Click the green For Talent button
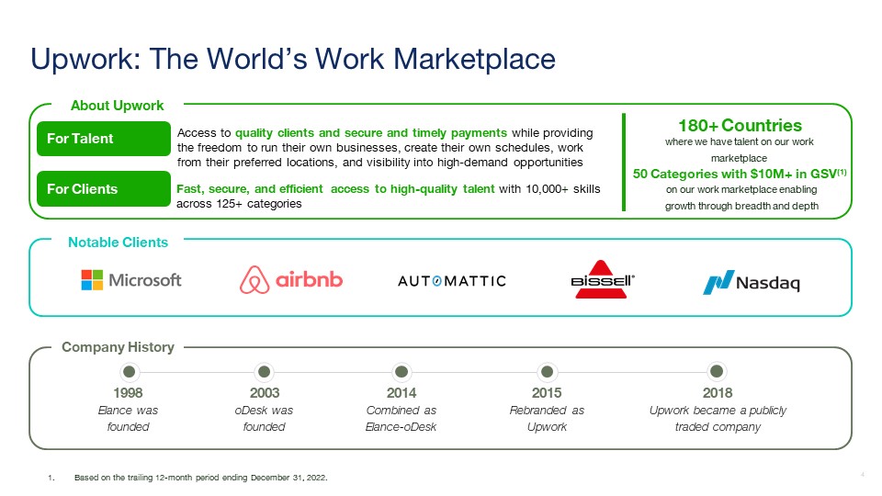click(104, 139)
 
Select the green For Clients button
click(104, 189)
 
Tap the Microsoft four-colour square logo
click(92, 280)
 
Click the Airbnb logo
click(291, 279)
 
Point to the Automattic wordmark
click(452, 281)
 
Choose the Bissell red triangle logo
click(602, 279)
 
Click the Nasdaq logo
click(752, 282)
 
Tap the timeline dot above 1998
click(129, 372)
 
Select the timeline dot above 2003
click(264, 372)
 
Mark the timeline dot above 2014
click(401, 372)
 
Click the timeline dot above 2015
click(547, 372)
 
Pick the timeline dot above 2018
click(717, 372)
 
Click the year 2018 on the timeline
click(718, 392)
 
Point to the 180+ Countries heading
click(740, 126)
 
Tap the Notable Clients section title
click(119, 242)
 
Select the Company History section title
click(119, 347)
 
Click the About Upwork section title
click(117, 106)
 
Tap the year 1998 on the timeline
click(129, 392)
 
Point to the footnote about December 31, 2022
click(201, 478)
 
